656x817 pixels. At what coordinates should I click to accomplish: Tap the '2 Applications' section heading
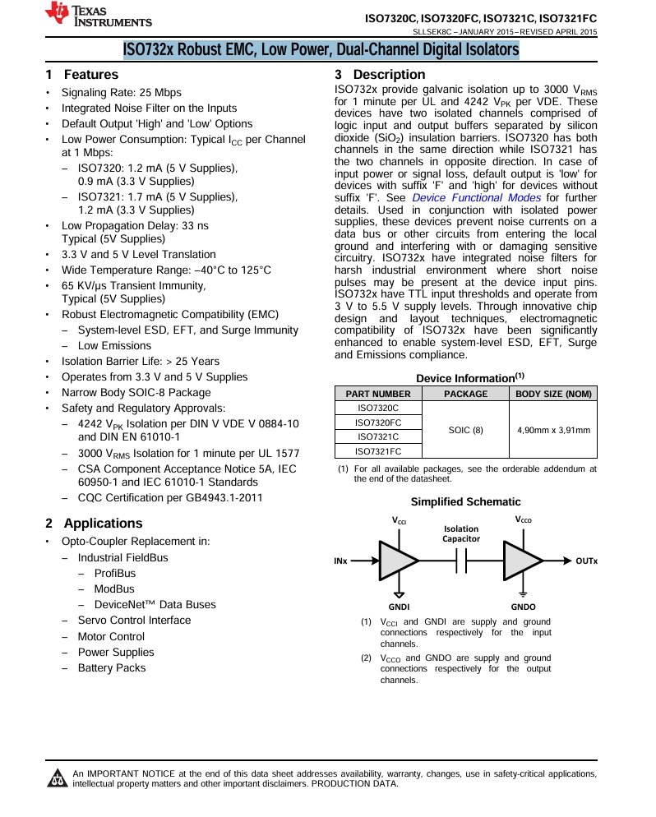(94, 524)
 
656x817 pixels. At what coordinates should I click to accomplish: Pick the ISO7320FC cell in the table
(377, 422)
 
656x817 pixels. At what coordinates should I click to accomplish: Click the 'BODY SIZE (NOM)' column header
(553, 394)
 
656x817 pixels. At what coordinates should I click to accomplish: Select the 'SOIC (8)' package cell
(465, 429)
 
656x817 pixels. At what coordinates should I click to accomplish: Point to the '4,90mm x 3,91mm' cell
(553, 429)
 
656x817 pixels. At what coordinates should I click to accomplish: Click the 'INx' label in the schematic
(341, 561)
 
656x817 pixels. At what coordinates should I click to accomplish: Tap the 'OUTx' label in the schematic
(586, 561)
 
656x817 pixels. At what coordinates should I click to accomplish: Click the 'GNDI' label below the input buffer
(399, 607)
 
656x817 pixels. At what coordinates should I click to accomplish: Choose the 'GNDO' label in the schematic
(523, 607)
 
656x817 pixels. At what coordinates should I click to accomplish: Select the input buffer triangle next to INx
(397, 561)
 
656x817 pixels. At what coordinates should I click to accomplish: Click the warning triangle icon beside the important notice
(58, 777)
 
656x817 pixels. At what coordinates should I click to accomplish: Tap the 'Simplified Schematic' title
(465, 501)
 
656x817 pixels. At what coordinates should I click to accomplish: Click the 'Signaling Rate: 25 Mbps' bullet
(121, 93)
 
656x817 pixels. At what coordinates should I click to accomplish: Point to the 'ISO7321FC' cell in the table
(377, 450)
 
